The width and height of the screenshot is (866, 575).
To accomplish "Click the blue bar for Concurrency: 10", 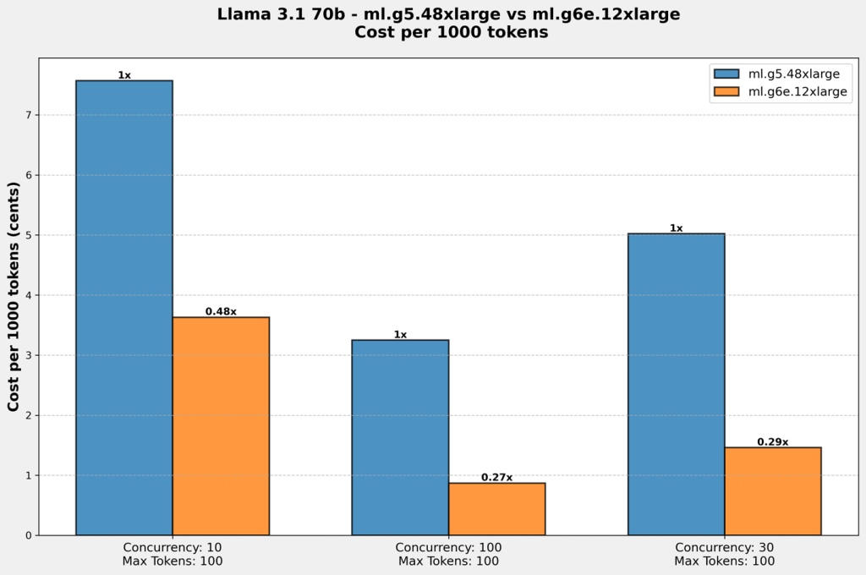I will tap(124, 308).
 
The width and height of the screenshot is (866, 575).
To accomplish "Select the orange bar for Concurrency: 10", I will tap(221, 426).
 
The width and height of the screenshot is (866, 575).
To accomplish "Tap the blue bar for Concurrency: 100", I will tap(400, 437).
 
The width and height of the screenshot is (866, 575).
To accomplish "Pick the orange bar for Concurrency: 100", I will tap(496, 509).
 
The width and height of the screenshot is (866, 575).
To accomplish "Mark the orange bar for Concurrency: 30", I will tap(772, 491).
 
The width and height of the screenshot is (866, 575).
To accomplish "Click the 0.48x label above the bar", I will tap(221, 311).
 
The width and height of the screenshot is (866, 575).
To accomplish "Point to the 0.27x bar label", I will tap(496, 477).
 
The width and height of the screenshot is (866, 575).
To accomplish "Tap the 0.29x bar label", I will tap(772, 441).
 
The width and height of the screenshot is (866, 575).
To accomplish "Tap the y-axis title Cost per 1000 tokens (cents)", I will tap(14, 296).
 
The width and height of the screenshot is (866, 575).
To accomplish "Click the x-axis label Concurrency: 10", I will tap(173, 547).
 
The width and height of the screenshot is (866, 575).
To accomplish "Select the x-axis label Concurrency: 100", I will tap(448, 547).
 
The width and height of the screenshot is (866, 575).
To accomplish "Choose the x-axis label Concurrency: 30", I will tap(724, 547).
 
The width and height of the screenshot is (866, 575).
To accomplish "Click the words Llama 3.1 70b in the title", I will tap(265, 14).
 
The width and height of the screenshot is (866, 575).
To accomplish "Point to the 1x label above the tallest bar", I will tap(124, 75).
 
